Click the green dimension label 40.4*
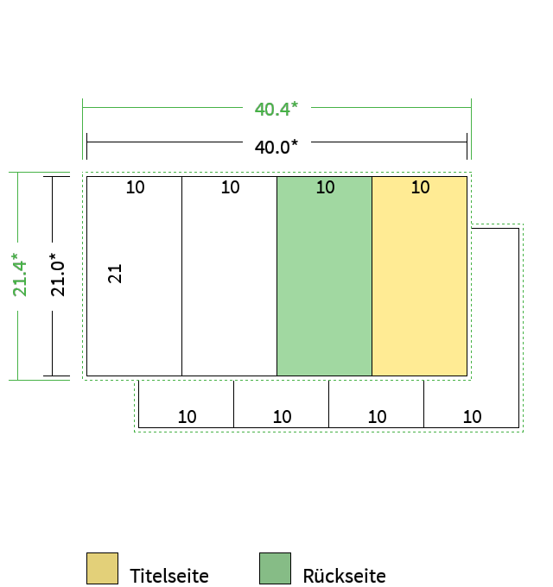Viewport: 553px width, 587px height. click(276, 109)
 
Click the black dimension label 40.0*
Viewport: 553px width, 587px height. click(276, 147)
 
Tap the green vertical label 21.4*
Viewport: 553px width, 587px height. click(20, 275)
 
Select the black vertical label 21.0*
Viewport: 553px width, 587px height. click(57, 275)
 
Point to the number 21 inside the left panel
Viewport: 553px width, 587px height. click(115, 274)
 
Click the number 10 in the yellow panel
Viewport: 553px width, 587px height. click(421, 187)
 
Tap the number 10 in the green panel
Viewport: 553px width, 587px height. click(325, 187)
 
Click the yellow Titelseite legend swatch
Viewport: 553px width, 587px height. click(102, 568)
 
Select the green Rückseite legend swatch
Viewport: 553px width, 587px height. click(275, 568)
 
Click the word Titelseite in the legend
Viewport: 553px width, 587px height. click(169, 576)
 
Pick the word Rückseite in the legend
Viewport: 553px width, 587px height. click(344, 575)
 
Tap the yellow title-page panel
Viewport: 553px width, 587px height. click(420, 276)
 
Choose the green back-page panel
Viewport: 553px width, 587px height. click(325, 276)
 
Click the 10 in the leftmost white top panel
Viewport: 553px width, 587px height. click(135, 187)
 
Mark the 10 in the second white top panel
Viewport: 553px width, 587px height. click(230, 187)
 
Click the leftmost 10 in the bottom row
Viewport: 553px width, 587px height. click(187, 417)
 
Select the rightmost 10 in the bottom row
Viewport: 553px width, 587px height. click(472, 417)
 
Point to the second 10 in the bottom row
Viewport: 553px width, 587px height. click(283, 417)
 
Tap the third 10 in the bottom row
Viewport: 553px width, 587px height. click(377, 417)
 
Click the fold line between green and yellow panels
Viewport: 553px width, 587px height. click(372, 276)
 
